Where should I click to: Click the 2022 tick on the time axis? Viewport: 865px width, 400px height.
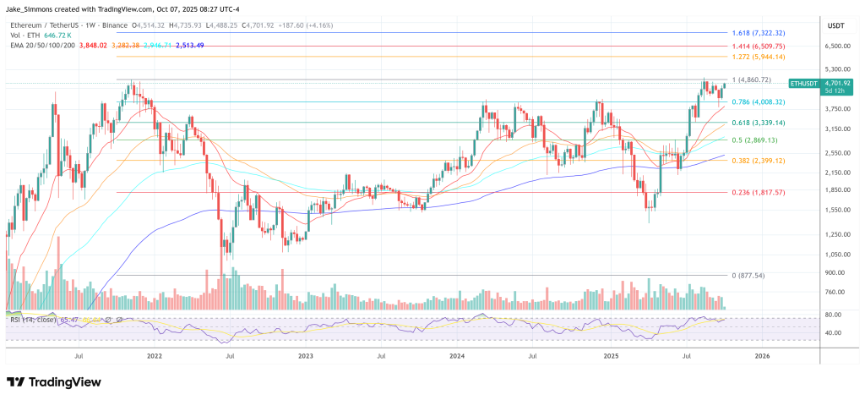click(x=154, y=357)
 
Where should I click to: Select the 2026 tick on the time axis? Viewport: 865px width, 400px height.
click(x=762, y=357)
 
